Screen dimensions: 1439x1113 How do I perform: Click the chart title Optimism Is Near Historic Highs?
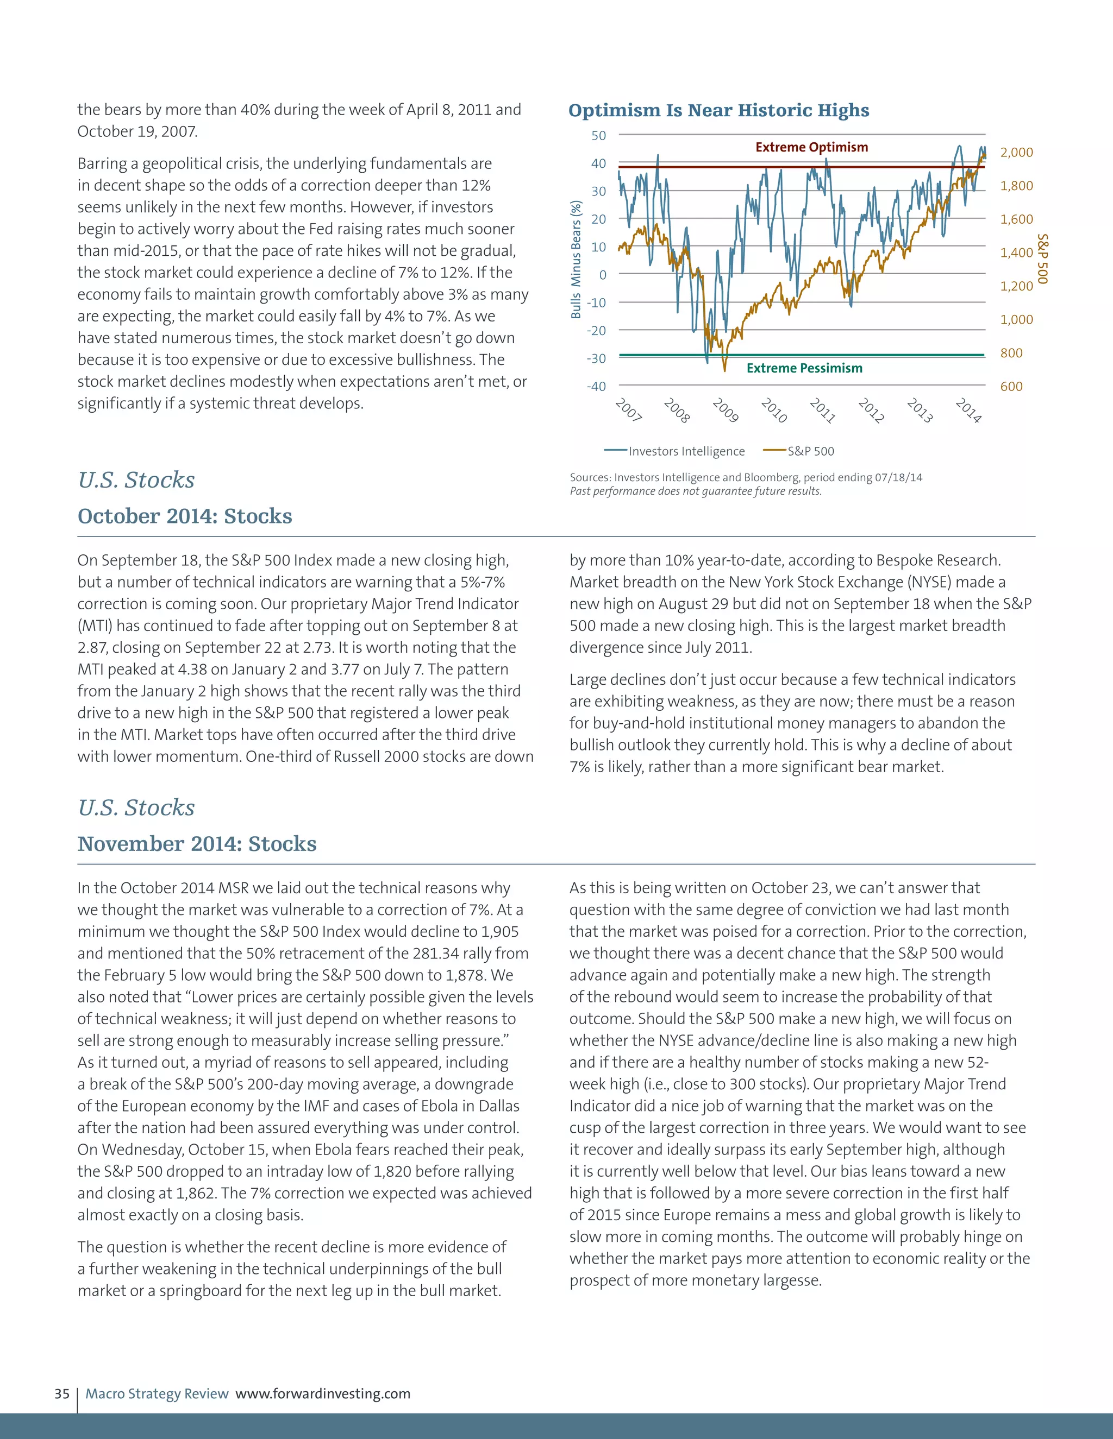tap(718, 110)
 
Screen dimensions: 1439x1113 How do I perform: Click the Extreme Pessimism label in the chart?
tap(804, 368)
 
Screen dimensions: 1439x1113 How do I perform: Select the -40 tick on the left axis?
tap(596, 387)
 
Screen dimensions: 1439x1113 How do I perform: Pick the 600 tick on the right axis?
tap(1011, 387)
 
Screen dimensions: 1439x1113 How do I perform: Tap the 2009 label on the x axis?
tap(726, 410)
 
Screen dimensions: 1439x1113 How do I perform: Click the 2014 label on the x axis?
tap(968, 410)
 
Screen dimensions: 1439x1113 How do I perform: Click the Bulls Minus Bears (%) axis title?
tap(576, 260)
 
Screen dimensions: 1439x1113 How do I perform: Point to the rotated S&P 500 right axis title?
tap(1042, 259)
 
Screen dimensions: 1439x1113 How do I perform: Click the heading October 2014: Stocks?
tap(185, 516)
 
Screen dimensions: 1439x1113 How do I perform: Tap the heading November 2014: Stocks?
tap(197, 843)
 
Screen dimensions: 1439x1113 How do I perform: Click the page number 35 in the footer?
tap(62, 1393)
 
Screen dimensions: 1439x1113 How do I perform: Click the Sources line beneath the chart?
tap(745, 478)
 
